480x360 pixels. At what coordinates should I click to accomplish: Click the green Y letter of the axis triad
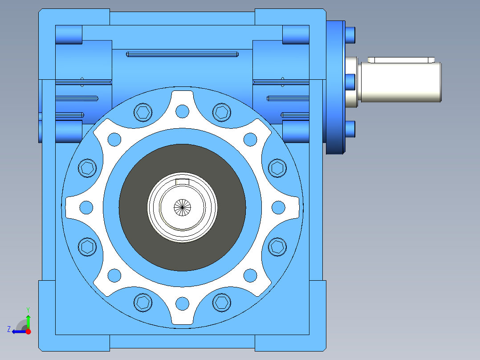[x=28, y=310]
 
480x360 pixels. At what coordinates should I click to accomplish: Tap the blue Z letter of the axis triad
[x=9, y=329]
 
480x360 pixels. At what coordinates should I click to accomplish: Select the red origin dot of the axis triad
[x=28, y=331]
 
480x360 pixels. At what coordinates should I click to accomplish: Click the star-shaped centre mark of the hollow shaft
[x=182, y=208]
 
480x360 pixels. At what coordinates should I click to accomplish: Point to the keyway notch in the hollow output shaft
[x=182, y=182]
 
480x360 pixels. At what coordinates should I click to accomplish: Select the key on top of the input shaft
[x=401, y=60]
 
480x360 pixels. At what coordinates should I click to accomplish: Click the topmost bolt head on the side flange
[x=350, y=35]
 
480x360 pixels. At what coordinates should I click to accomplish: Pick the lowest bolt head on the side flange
[x=350, y=129]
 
